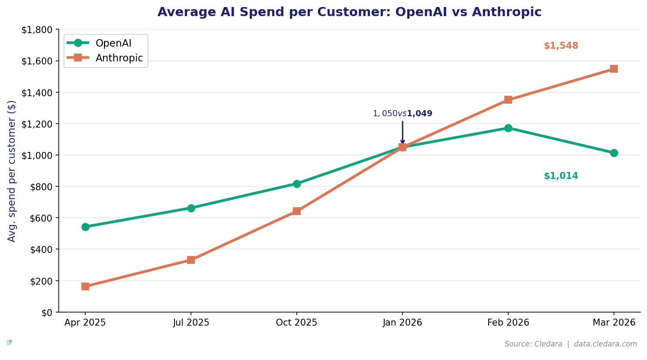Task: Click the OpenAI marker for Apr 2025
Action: coord(85,227)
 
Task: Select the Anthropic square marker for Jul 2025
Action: coord(191,260)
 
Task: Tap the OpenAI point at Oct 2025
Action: coord(297,184)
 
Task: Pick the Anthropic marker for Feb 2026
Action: coord(508,100)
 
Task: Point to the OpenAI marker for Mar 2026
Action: coord(614,153)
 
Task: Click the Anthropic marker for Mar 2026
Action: coord(614,69)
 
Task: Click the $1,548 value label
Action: coord(561,46)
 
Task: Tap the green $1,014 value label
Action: coord(561,176)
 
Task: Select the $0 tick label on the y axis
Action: coord(47,313)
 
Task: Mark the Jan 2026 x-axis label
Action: coord(402,323)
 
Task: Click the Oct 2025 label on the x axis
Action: coord(297,323)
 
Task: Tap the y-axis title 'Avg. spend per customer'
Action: coord(12,171)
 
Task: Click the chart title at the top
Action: coord(349,12)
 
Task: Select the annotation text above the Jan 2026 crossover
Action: coord(402,114)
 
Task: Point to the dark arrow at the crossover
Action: coord(402,133)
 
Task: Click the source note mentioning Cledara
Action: coord(570,344)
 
